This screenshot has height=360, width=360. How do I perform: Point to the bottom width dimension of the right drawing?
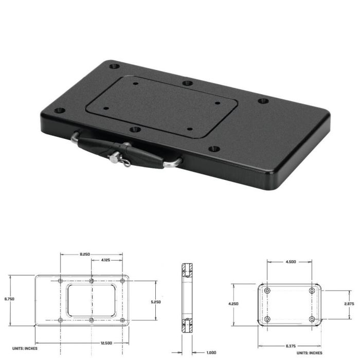coord(291,346)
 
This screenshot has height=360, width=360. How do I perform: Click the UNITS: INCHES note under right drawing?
coord(310,353)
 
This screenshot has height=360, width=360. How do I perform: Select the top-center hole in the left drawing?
coord(92,281)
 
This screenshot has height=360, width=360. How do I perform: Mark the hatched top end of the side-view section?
coord(186,269)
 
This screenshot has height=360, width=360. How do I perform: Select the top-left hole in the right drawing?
coord(267,291)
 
